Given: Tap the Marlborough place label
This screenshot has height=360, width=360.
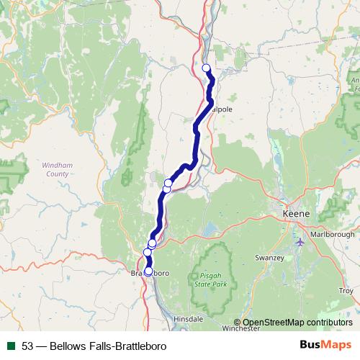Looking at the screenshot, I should click(333, 234).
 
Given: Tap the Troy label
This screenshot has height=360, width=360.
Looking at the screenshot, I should click(346, 291).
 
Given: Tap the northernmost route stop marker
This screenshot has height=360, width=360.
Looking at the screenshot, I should click(206, 68).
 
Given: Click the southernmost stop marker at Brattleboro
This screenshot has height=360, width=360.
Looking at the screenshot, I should click(148, 271).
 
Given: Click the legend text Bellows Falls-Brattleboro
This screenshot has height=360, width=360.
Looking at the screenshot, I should click(109, 346).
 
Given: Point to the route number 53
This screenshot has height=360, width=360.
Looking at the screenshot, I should click(28, 346).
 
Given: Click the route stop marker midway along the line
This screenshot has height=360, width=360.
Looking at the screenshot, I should click(168, 184).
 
